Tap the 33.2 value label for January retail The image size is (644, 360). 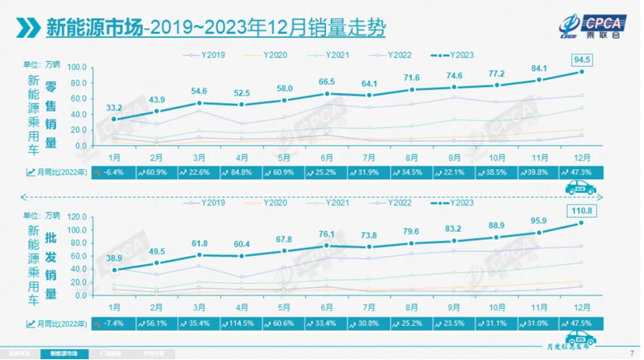pyautogui.click(x=113, y=107)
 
